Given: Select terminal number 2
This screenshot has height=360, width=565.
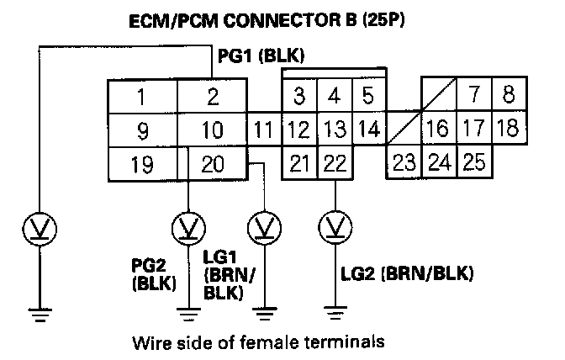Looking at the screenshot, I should point(214,97).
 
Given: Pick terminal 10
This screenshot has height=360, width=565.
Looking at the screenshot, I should point(214,130).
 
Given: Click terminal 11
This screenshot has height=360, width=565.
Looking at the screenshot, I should point(263,130).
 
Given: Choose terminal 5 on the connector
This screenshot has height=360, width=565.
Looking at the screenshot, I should point(367,96).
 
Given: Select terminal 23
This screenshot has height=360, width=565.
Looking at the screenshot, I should point(404,161).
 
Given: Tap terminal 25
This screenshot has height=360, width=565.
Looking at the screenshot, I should point(473,161).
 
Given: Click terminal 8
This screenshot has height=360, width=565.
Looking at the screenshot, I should point(508,94).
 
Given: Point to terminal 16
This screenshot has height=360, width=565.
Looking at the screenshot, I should point(438,129).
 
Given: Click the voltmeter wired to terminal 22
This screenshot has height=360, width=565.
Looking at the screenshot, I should point(335,227).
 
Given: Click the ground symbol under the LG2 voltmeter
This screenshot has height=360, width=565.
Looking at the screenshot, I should point(335,315).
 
